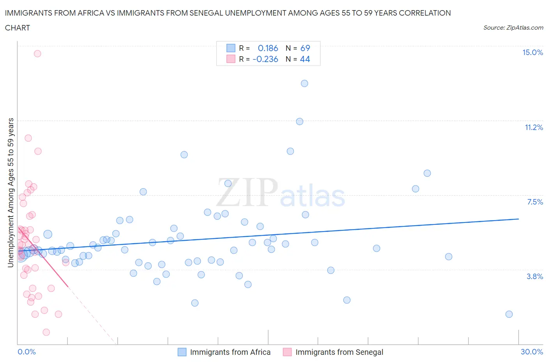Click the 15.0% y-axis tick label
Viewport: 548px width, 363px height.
(x=532, y=53)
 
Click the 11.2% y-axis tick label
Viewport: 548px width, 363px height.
(x=534, y=128)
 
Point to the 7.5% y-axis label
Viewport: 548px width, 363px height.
(x=535, y=202)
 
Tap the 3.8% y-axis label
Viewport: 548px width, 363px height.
(x=535, y=277)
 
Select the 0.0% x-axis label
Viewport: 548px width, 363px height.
(x=27, y=352)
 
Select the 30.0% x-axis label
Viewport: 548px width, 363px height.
(x=532, y=352)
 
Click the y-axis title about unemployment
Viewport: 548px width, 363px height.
(x=11, y=193)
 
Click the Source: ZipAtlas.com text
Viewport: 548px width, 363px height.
(x=513, y=28)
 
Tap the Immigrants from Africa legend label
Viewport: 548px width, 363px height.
(x=230, y=352)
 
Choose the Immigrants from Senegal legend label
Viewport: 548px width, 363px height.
(x=339, y=352)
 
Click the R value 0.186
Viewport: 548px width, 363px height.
(x=268, y=48)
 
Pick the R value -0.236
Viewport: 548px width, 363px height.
(x=265, y=59)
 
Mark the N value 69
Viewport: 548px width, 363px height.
(x=305, y=48)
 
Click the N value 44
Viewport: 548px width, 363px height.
(x=305, y=59)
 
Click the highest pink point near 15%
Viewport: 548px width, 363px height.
(x=37, y=54)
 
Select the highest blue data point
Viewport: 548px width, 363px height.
(x=304, y=84)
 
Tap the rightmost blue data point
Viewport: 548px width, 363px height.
(x=509, y=314)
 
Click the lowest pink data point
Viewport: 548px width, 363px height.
(x=46, y=332)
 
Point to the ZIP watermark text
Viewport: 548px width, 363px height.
(x=247, y=193)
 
